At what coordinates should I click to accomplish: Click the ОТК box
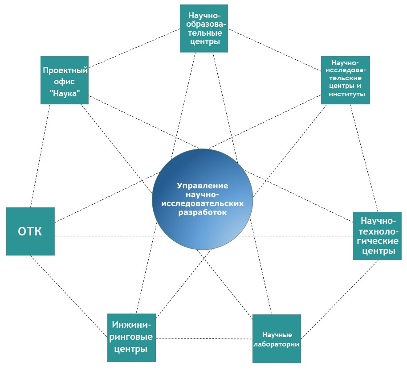click(x=30, y=231)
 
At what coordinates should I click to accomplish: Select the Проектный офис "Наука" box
click(x=64, y=80)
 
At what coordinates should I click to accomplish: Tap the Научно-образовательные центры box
click(x=204, y=29)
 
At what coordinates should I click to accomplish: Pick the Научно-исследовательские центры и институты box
click(x=346, y=80)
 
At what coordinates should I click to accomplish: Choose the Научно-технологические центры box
click(x=378, y=236)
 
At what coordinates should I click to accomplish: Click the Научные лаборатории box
click(x=277, y=339)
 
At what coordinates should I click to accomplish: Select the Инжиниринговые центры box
click(x=131, y=338)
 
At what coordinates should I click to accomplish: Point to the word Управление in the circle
click(x=203, y=185)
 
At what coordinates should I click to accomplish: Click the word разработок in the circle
click(x=203, y=213)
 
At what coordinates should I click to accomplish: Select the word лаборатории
click(x=277, y=344)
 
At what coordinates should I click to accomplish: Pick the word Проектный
click(x=65, y=70)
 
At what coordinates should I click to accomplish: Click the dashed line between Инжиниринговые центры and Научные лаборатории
click(x=204, y=338)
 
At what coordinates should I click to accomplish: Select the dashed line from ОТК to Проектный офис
click(x=39, y=156)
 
